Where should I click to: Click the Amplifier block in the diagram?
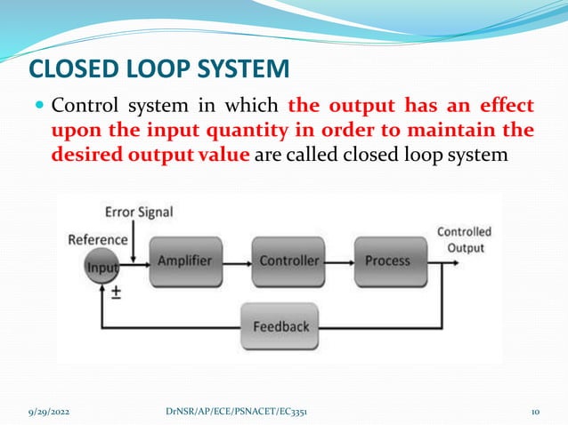(x=184, y=261)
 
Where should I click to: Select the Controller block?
(x=288, y=261)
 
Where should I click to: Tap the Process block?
(x=388, y=261)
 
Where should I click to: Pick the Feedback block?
(x=281, y=326)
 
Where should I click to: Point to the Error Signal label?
(x=139, y=212)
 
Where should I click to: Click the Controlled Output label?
(x=464, y=240)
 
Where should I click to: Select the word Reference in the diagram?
(x=98, y=239)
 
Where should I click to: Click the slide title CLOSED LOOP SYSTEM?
(x=159, y=68)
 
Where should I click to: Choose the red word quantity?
(x=255, y=132)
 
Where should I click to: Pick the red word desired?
(x=85, y=156)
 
